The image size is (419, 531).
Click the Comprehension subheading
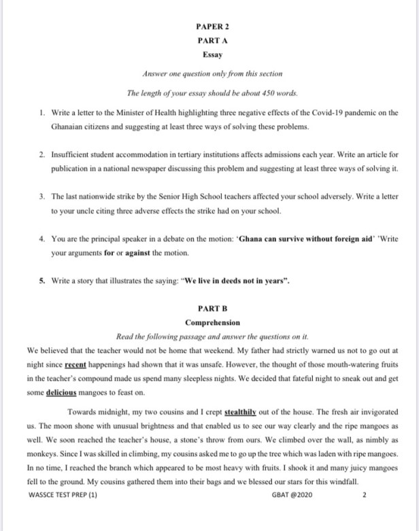pyautogui.click(x=212, y=322)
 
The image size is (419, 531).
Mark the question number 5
pyautogui.click(x=42, y=281)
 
